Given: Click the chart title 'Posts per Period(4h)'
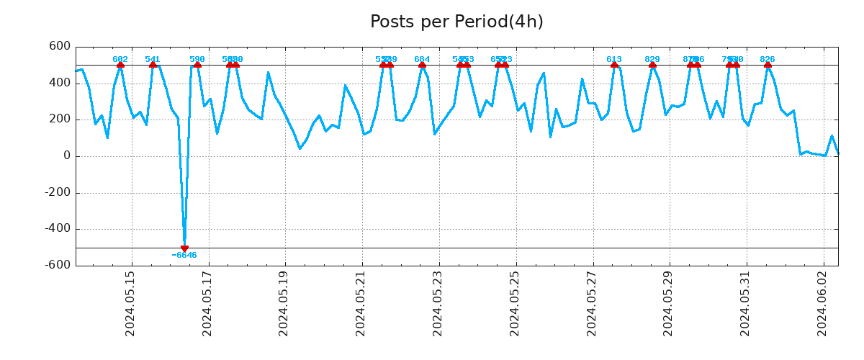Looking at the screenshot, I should (456, 22).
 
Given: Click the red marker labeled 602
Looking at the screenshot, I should (120, 65).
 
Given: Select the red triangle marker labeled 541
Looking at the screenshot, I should (153, 65).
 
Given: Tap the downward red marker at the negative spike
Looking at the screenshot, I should (184, 248).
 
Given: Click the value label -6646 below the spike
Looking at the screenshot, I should (184, 256).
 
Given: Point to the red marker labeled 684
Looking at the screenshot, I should (422, 65).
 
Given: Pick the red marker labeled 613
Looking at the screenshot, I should (614, 65).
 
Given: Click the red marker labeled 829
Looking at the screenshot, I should (652, 65).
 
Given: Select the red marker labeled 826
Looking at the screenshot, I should (768, 65).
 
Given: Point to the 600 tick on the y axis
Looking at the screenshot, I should (60, 47).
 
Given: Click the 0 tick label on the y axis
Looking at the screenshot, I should (67, 156).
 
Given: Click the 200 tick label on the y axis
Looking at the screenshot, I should (60, 120).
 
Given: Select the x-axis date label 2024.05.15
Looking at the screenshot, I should (130, 303).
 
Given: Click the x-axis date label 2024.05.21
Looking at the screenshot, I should (361, 303).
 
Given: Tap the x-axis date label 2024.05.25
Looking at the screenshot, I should (515, 303).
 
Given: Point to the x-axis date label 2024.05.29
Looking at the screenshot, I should (668, 303).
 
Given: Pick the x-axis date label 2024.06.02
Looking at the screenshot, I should (822, 303).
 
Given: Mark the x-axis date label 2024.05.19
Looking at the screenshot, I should (284, 303).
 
